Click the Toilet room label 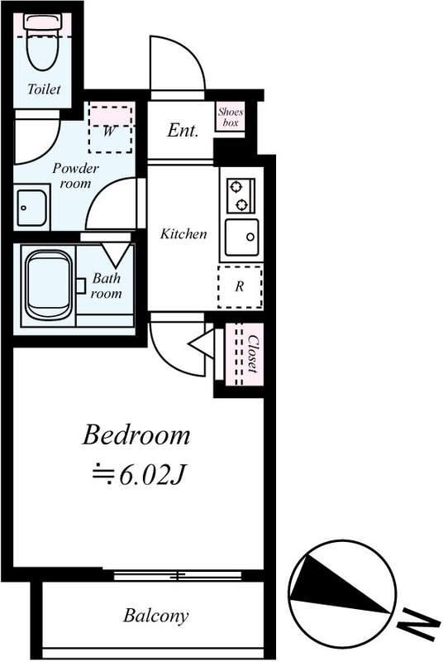[x=44, y=89]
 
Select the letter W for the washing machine [x=109, y=132]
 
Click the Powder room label [x=75, y=175]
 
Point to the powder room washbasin [x=31, y=209]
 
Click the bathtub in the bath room [x=49, y=285]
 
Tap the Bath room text [x=107, y=285]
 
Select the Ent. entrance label [x=183, y=131]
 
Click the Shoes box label [x=231, y=118]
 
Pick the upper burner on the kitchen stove [x=236, y=186]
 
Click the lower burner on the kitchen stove [x=241, y=204]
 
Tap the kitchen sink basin [x=241, y=237]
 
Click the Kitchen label [x=183, y=233]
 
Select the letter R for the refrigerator [x=240, y=286]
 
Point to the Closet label [x=252, y=354]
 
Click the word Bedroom [x=136, y=435]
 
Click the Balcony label [x=155, y=616]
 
